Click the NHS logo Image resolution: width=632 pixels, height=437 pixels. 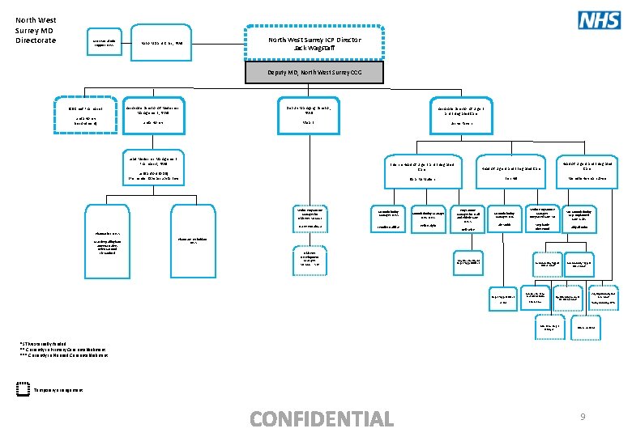coord(599,20)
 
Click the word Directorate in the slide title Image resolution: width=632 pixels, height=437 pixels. coord(36,40)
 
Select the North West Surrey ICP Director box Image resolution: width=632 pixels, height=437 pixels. coord(315,43)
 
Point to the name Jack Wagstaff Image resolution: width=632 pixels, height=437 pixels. coord(315,48)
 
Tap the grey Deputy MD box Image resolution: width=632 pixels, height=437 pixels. coord(315,73)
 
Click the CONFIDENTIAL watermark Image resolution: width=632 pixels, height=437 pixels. coord(322,418)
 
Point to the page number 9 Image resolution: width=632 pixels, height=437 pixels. coord(582,417)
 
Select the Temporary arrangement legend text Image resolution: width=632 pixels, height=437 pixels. coord(58,390)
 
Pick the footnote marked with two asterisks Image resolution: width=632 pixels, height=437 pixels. coord(64,350)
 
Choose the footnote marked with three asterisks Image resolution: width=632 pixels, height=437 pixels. coord(66,355)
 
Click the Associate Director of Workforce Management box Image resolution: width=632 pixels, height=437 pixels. coord(158,114)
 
